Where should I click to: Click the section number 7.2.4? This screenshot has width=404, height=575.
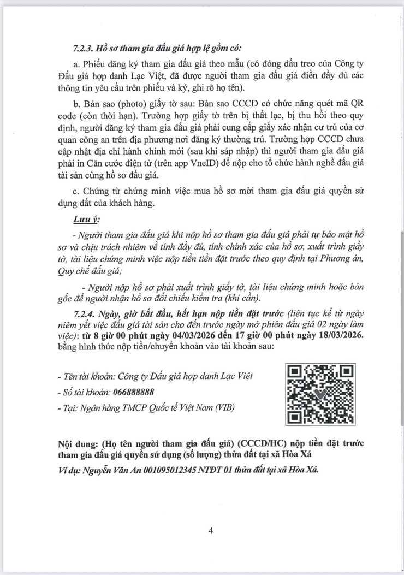point(85,313)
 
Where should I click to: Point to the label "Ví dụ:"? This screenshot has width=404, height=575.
point(71,470)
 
